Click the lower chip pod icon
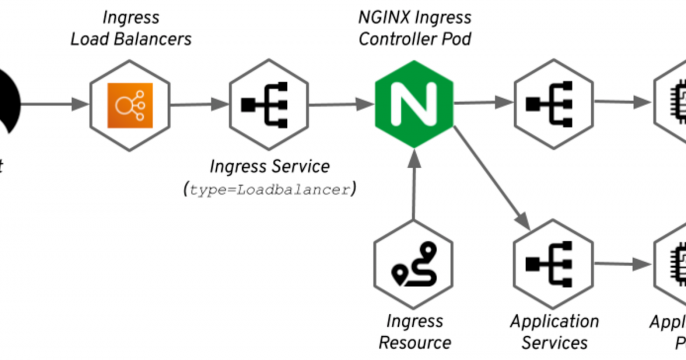click(672, 264)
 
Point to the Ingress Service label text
click(269, 165)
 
